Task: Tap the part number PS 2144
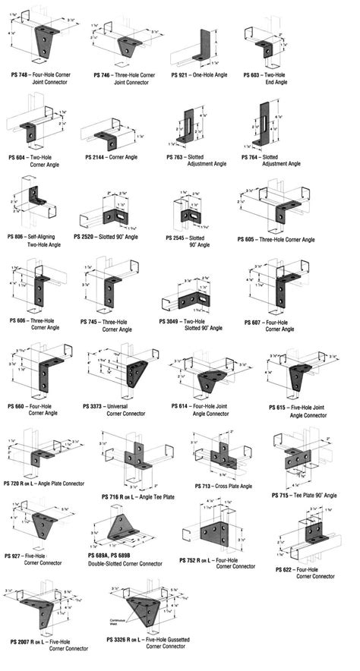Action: click(97, 156)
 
